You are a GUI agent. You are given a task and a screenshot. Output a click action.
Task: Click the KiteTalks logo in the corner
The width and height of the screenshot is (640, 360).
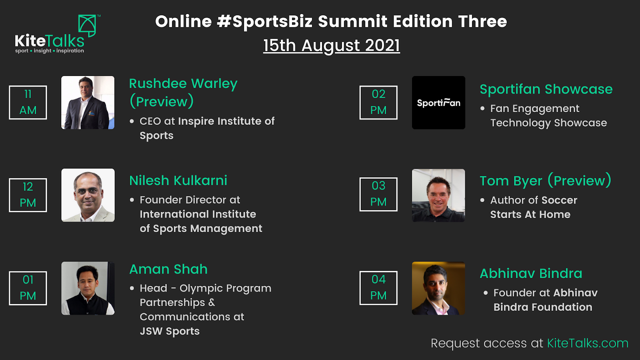pyautogui.click(x=58, y=34)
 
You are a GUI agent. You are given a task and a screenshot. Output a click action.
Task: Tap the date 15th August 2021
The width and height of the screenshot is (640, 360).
pyautogui.click(x=332, y=45)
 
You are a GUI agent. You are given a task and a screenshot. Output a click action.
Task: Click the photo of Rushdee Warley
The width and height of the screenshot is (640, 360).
pyautogui.click(x=88, y=102)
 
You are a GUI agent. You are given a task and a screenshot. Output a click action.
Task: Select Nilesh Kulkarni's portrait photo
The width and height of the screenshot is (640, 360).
pyautogui.click(x=88, y=195)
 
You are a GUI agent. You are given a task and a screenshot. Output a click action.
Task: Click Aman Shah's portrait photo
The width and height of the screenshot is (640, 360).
pyautogui.click(x=88, y=288)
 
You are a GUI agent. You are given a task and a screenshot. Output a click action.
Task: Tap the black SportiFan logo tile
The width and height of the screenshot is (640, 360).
pyautogui.click(x=438, y=102)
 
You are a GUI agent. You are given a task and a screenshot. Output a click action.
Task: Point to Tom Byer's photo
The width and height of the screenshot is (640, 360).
pyautogui.click(x=438, y=196)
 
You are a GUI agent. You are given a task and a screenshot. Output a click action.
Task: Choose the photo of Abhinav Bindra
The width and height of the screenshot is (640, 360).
pyautogui.click(x=438, y=288)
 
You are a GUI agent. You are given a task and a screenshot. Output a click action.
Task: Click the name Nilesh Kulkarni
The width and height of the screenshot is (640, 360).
pyautogui.click(x=178, y=180)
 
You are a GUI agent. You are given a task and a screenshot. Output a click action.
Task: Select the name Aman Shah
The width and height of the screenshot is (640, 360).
pyautogui.click(x=168, y=269)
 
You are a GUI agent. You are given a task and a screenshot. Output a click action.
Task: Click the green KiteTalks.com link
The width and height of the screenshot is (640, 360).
pyautogui.click(x=588, y=343)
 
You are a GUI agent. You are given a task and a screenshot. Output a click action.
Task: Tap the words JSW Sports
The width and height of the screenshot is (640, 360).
pyautogui.click(x=170, y=332)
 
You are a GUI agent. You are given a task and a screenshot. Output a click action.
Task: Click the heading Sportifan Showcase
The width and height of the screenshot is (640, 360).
pyautogui.click(x=546, y=89)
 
